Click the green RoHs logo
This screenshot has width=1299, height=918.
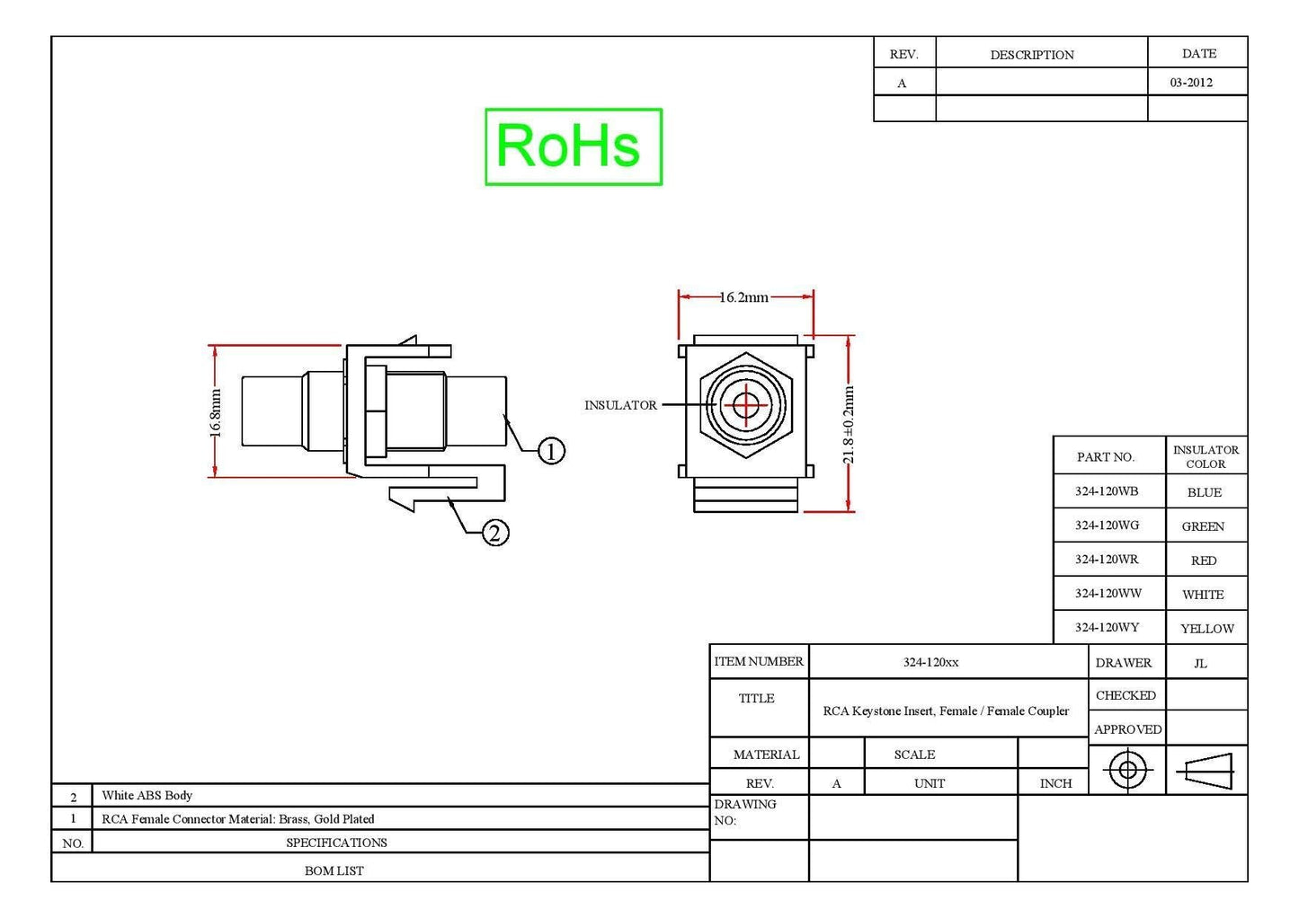[574, 146]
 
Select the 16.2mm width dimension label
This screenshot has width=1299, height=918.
[744, 297]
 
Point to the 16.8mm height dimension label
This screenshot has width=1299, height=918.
[215, 412]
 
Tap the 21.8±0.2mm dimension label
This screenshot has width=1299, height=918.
[849, 425]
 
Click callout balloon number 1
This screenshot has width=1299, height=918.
[551, 451]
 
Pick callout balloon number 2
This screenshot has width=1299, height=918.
[495, 533]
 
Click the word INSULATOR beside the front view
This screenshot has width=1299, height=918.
[620, 405]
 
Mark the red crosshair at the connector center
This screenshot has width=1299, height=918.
[746, 404]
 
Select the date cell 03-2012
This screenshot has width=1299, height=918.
[1191, 83]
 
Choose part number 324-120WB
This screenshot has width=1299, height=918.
[1107, 490]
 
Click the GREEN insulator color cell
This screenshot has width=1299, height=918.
[1203, 526]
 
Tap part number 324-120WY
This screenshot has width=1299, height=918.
[1107, 627]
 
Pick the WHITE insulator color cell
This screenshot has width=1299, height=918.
[1204, 594]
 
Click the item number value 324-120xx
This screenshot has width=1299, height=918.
[930, 662]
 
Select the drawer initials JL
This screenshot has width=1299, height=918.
[1200, 663]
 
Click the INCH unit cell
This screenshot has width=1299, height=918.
[1055, 783]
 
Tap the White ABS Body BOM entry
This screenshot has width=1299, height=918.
[147, 795]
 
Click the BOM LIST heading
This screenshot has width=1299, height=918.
[334, 870]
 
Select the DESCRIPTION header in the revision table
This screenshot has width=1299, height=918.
[1032, 55]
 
